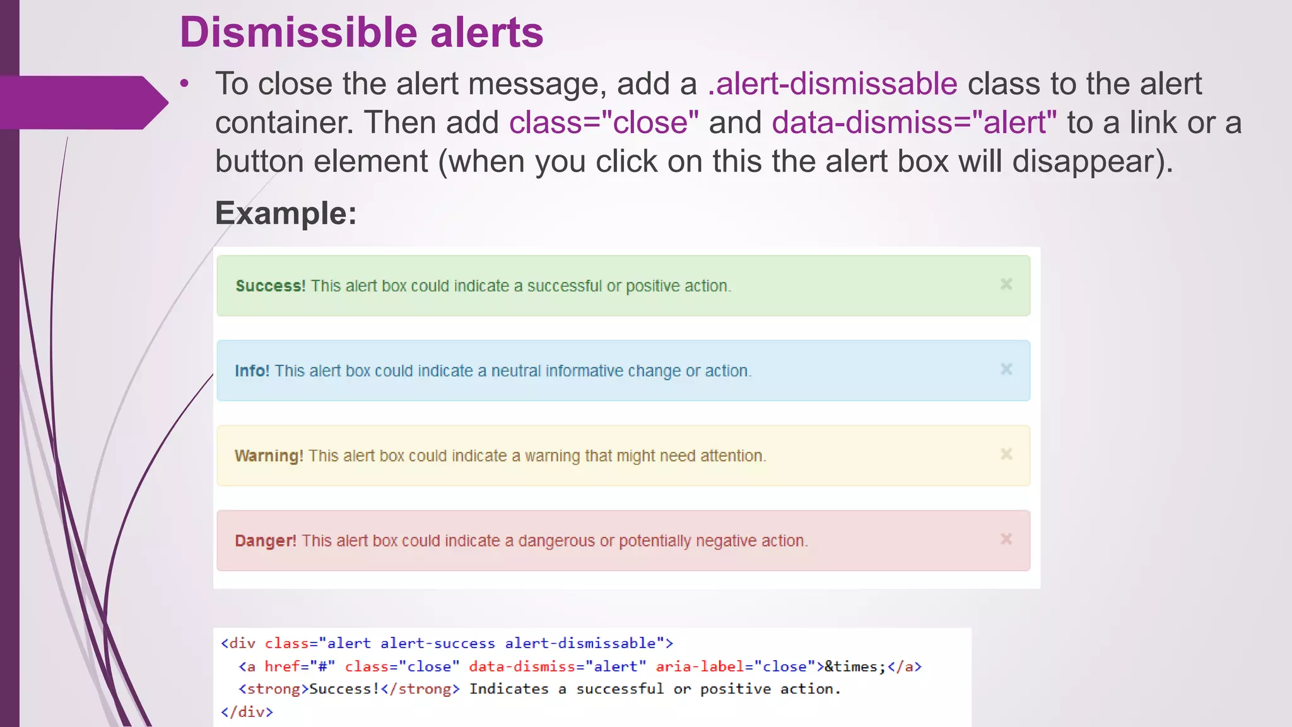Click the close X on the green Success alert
[1006, 285]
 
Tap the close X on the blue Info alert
[1006, 369]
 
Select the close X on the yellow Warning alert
[1006, 454]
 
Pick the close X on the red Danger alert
[1006, 539]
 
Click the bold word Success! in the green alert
[270, 286]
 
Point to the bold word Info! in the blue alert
[252, 370]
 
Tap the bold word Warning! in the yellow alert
[269, 456]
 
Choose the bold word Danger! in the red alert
[265, 541]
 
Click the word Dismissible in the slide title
[298, 32]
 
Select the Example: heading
[286, 213]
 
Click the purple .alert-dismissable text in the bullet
[832, 84]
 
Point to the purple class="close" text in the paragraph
[604, 122]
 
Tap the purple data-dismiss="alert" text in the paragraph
[913, 122]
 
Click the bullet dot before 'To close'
[184, 84]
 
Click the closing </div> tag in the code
[247, 712]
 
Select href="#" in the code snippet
[300, 666]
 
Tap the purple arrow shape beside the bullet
[82, 102]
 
